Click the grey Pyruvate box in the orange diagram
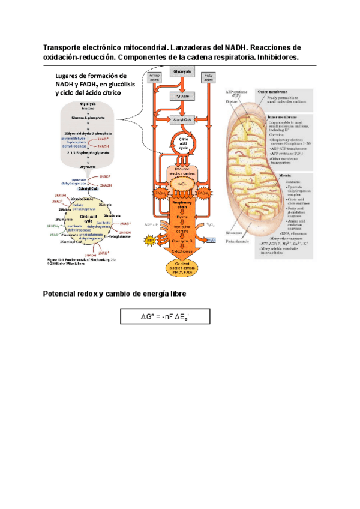[x=181, y=96]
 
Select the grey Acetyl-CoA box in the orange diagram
[x=181, y=119]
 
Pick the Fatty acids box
[x=210, y=77]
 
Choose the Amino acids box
[x=154, y=77]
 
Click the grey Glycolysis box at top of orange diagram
[x=181, y=71]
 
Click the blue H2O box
[x=211, y=239]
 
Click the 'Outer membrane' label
[x=271, y=92]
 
